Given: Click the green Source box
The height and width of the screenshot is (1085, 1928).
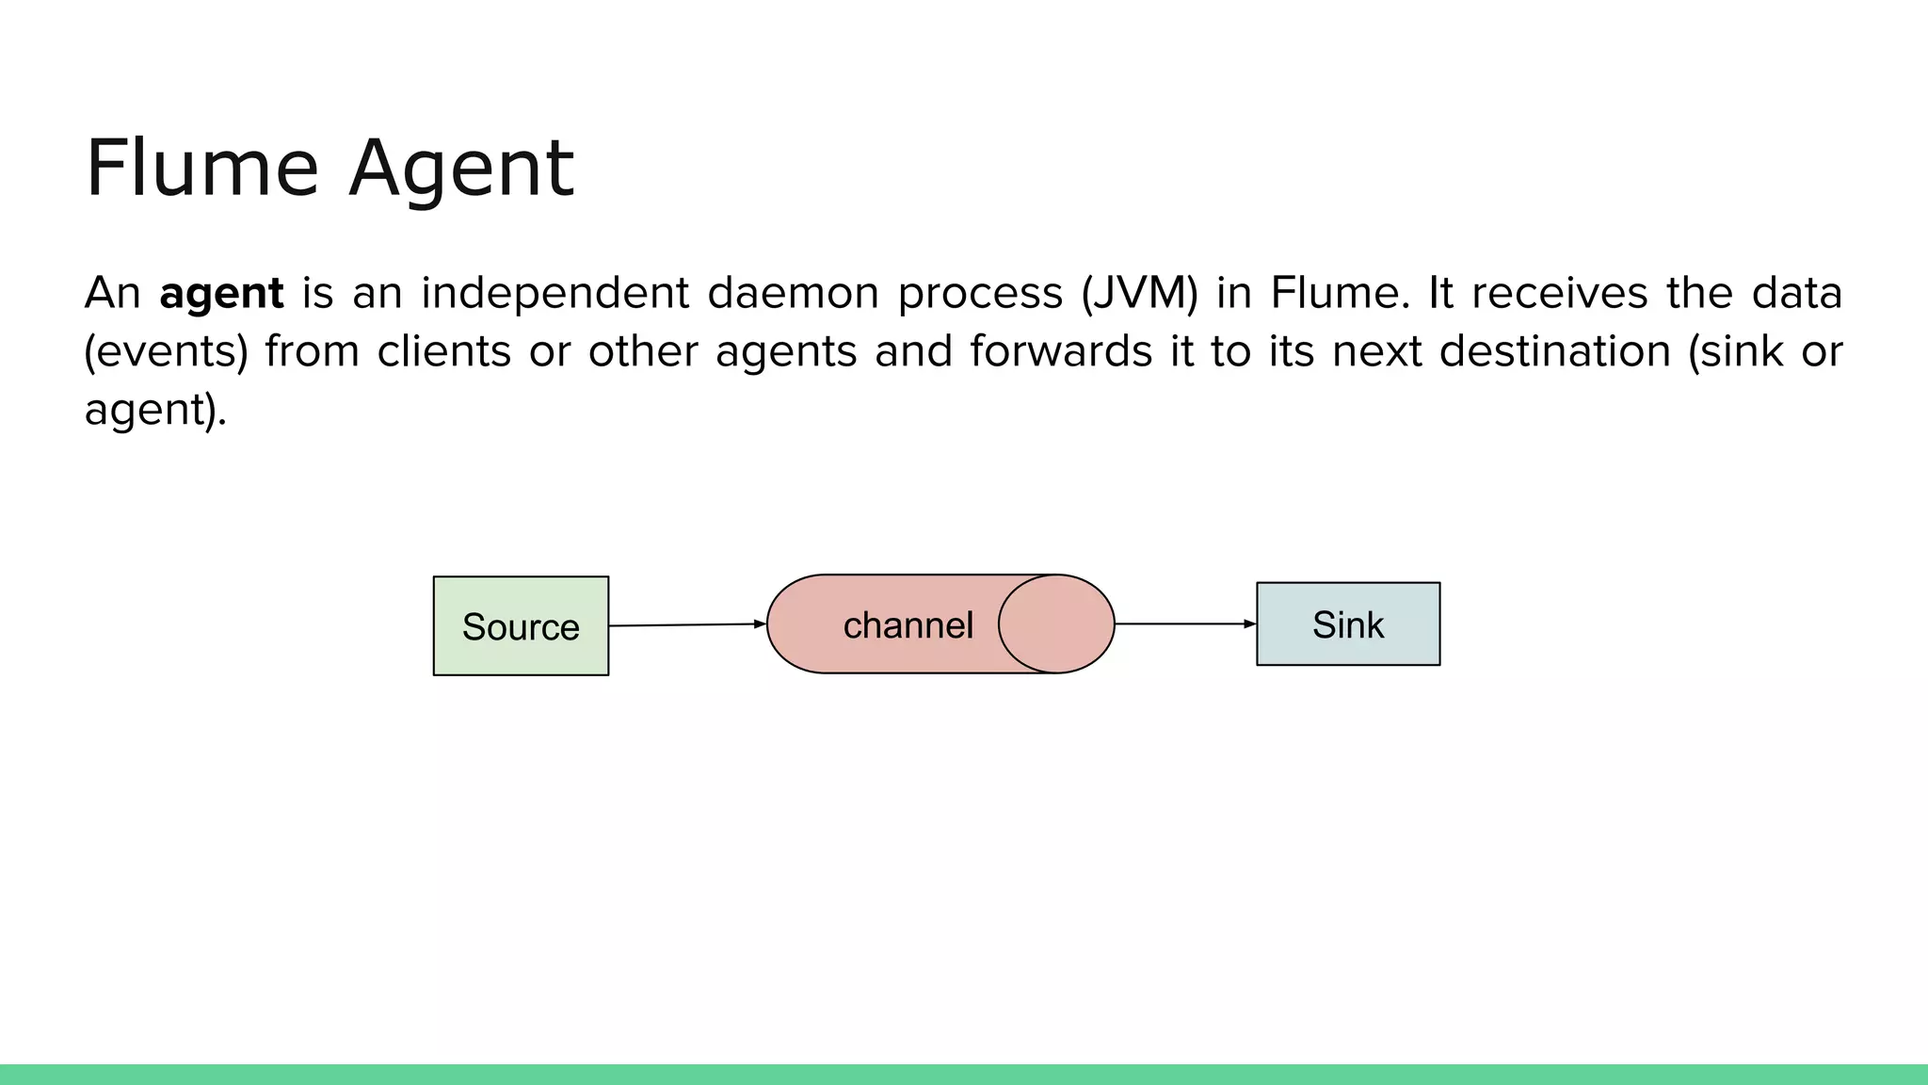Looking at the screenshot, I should point(521,625).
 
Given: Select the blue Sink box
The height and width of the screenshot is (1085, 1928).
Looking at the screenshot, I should point(1348,623).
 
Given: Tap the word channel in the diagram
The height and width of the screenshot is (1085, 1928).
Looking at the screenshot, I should point(908,625).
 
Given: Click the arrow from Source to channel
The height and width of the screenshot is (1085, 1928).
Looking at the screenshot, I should point(687,624).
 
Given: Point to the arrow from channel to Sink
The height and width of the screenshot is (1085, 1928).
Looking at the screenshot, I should point(1185,623).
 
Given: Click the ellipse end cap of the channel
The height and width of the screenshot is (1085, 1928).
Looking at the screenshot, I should point(1056,623).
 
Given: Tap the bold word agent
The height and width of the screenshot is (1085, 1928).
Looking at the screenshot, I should point(221,293).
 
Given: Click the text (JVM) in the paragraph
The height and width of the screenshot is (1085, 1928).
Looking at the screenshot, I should point(1139,293).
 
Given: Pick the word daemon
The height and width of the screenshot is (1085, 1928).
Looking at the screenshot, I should point(794,293).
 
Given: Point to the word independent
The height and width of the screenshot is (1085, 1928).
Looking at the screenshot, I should point(555,293).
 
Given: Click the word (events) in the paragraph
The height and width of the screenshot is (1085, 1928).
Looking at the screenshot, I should point(166,351).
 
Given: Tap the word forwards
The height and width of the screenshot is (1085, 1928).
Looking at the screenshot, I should point(1061,351).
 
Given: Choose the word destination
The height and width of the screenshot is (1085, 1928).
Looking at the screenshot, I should point(1555,351).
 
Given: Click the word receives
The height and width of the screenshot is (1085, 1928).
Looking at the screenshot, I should point(1560,293).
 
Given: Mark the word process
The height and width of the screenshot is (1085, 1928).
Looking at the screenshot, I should point(980,293).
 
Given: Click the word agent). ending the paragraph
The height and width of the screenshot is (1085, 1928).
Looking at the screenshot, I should point(155,410).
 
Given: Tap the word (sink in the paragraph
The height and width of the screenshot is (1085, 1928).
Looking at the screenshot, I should point(1736,351).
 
